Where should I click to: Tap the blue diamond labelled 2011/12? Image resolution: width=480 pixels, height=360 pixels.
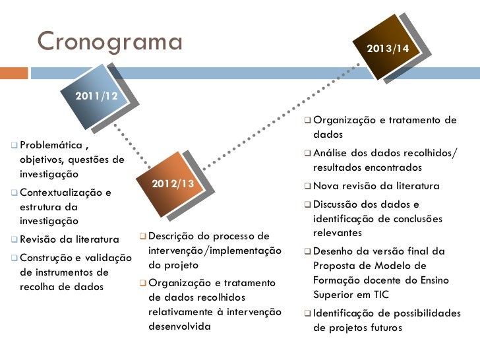pos(97,96)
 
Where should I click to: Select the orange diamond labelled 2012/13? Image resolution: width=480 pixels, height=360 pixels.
pos(173,183)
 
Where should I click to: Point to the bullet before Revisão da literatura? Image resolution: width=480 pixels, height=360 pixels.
pos(15,239)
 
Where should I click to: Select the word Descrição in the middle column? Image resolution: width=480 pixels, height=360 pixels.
pos(173,235)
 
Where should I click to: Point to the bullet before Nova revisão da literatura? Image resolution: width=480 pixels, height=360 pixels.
pos(307,186)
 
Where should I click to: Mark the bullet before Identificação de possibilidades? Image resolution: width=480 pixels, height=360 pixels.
pos(307,313)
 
